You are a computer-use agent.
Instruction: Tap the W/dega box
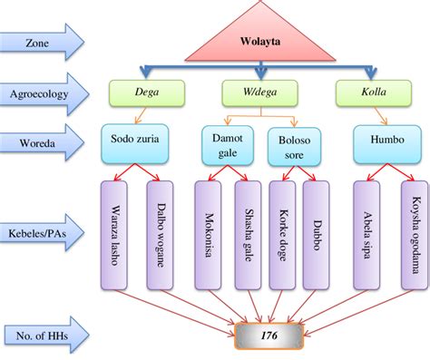coord(260,92)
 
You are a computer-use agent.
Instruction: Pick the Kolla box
coord(369,92)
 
